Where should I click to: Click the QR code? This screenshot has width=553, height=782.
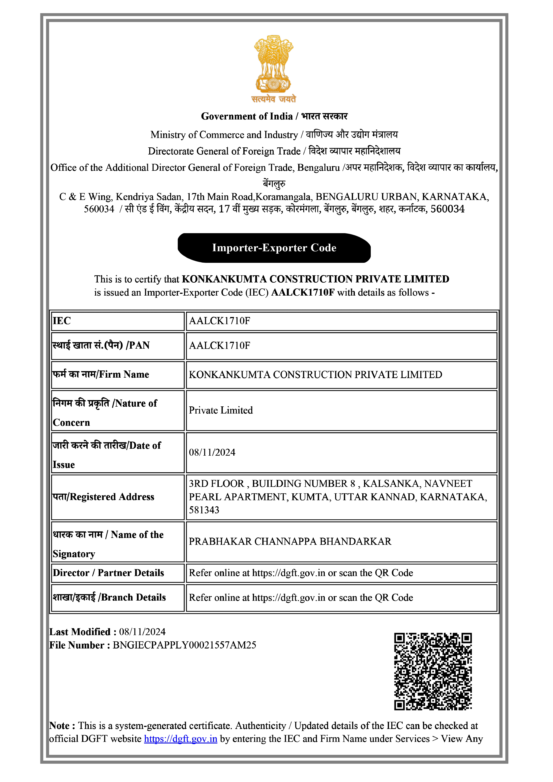pos(433,671)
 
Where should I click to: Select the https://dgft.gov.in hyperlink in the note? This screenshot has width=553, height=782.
pos(181,739)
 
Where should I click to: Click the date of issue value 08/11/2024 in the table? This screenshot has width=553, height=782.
pos(212,452)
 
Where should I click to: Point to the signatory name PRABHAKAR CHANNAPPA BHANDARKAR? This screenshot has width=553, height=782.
pos(290,541)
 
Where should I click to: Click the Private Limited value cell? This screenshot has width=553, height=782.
pos(221,410)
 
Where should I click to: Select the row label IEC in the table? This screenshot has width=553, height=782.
pos(62,321)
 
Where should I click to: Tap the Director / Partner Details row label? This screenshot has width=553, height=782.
pos(108,573)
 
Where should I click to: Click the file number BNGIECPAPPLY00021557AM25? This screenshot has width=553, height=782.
pos(184,645)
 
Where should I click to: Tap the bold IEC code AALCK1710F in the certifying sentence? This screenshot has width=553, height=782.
pos(302,292)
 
